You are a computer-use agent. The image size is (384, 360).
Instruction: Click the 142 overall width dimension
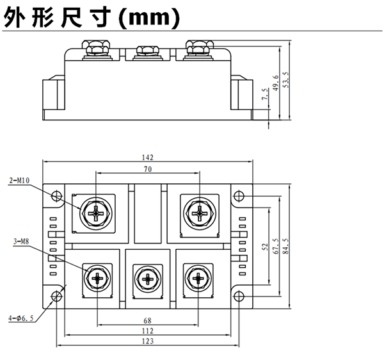coord(148,157)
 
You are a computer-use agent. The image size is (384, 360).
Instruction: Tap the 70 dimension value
coord(148,170)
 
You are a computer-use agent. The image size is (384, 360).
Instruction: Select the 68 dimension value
coord(148,320)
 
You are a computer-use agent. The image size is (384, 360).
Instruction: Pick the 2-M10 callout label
coord(20,181)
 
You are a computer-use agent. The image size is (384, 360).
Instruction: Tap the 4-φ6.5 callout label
coord(20,317)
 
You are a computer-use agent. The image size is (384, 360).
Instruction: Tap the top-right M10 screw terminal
coord(198,211)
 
